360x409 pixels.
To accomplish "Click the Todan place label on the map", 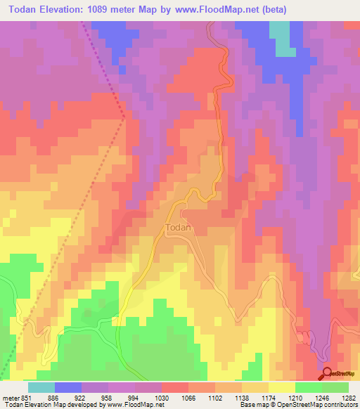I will (178, 228).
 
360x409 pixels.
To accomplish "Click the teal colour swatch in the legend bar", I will (41, 387).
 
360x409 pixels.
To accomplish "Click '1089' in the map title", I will (117, 9).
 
